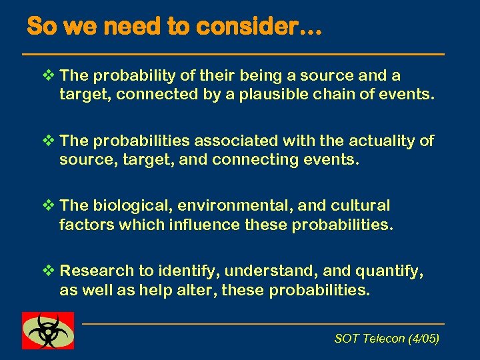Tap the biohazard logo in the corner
48,330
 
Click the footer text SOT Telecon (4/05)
386,339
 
